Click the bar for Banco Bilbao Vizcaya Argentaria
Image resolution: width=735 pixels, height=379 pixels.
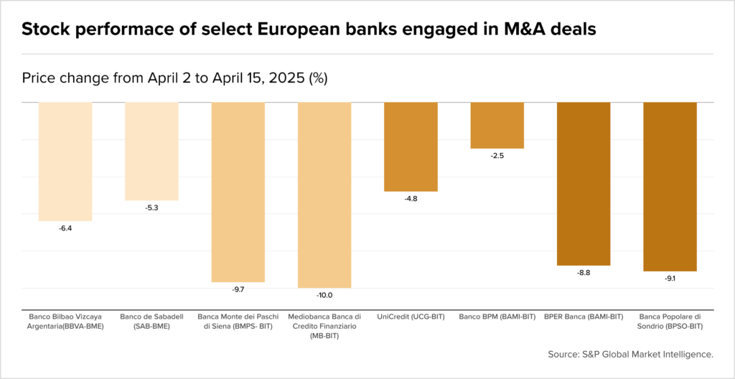(65, 162)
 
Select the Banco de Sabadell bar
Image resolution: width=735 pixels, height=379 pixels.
(151, 151)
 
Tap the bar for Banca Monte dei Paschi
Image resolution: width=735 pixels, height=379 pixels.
(238, 192)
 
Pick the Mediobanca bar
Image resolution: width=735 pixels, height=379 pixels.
(324, 195)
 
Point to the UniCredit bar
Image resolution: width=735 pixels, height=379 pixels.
(411, 146)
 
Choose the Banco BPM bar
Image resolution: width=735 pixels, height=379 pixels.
(497, 125)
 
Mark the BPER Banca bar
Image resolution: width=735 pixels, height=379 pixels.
(584, 184)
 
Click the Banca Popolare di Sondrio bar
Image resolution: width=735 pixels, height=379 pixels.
(670, 187)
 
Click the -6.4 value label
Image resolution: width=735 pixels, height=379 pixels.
(65, 228)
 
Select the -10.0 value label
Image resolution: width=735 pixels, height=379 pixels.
(324, 295)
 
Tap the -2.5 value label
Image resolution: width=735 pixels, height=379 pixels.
(497, 156)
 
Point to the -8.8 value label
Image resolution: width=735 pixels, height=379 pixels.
(584, 273)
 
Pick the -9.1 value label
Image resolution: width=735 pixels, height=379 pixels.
(670, 279)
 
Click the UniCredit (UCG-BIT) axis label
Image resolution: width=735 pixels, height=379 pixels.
(411, 317)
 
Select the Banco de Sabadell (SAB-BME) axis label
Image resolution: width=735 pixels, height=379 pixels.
(151, 321)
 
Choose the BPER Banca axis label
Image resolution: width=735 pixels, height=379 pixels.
(584, 317)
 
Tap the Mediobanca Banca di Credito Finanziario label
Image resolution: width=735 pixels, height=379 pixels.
(324, 326)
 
